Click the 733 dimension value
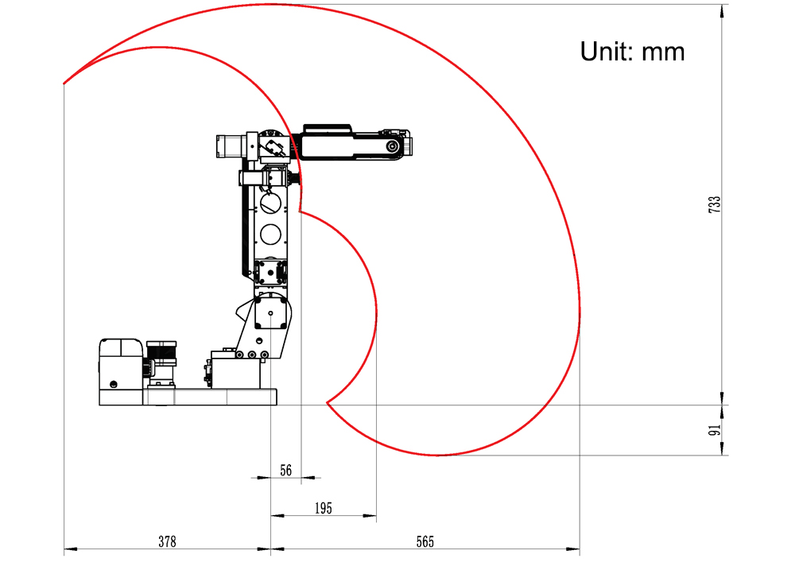coord(715,204)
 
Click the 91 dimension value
coord(715,430)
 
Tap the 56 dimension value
coord(286,471)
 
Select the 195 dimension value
coord(324,508)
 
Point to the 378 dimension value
coord(167,541)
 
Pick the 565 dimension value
coord(425,541)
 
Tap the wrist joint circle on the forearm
coord(393,146)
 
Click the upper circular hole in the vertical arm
coord(271,203)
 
